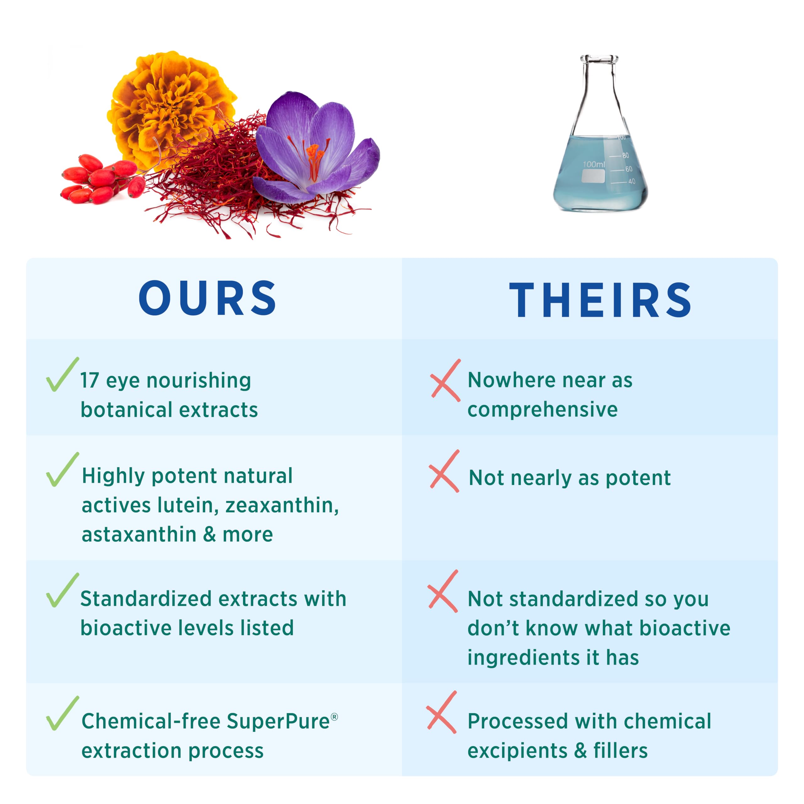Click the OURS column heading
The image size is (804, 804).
(x=208, y=298)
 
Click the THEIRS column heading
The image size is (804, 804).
(x=600, y=300)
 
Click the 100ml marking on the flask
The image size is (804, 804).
(x=594, y=164)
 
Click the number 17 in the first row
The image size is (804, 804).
(x=90, y=380)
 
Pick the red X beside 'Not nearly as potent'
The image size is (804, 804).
(x=444, y=471)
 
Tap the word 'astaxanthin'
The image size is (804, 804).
(x=139, y=534)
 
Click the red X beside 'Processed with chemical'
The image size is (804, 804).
(x=442, y=712)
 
